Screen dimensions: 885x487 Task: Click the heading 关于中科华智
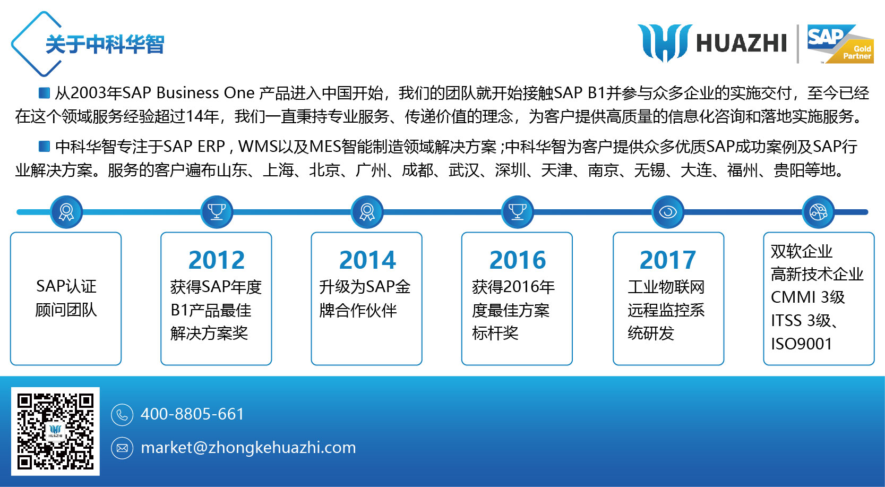point(105,44)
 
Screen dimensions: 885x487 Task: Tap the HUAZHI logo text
point(742,43)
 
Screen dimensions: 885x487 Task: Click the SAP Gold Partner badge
point(840,44)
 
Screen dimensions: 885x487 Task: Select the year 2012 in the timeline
point(217,260)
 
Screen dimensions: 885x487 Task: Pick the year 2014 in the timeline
point(367,260)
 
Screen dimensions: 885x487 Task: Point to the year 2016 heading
point(518,260)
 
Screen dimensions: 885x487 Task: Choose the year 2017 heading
point(668,260)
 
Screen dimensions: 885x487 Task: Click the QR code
point(55,431)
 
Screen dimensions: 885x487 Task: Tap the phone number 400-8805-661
point(192,414)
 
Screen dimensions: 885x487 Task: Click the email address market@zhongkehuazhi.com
point(248,448)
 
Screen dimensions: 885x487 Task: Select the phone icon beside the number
point(122,415)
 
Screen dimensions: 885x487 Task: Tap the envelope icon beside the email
point(122,448)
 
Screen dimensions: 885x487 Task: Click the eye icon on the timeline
point(668,212)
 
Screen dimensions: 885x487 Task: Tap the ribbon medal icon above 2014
point(367,212)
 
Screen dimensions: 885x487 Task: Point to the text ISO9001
point(802,344)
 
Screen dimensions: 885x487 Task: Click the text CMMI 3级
point(807,297)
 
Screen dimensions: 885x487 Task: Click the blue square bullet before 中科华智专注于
point(44,147)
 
